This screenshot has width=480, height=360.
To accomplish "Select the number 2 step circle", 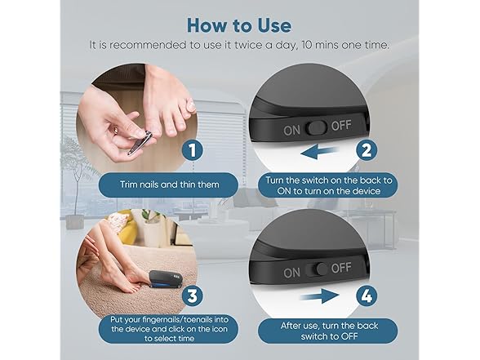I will tap(366, 150).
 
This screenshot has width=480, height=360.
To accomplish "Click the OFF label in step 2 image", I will tap(340, 127).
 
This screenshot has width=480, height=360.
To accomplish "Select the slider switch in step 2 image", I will tap(318, 127).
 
